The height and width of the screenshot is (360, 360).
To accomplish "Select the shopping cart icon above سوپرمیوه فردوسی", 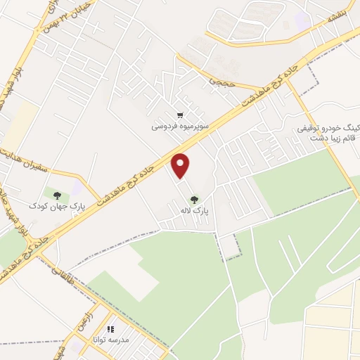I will [x=181, y=115].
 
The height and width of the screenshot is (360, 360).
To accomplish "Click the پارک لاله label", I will [x=195, y=210].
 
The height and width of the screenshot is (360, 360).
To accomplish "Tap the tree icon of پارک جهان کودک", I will [x=56, y=195].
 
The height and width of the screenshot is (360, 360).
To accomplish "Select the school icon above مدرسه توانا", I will [x=110, y=328].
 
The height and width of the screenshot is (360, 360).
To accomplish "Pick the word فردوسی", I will [x=164, y=128].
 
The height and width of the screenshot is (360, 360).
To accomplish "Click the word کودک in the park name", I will [x=36, y=206].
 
